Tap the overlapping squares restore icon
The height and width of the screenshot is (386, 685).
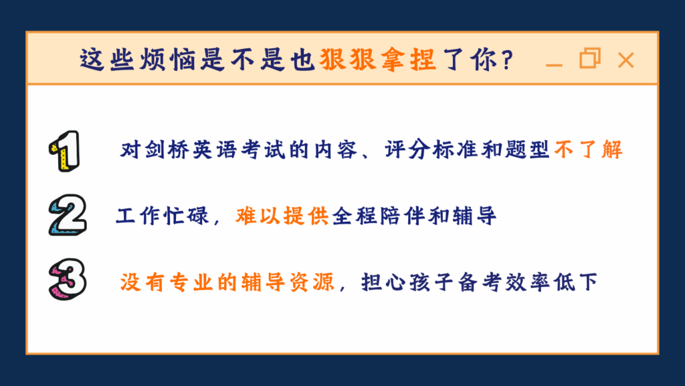point(589,59)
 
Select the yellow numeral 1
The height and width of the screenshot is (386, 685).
point(66,151)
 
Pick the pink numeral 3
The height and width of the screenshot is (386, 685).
point(68,280)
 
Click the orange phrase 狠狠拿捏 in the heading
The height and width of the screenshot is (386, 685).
point(378,61)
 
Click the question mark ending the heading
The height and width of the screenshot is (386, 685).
point(506,61)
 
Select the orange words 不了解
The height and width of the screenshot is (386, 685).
point(589,150)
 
